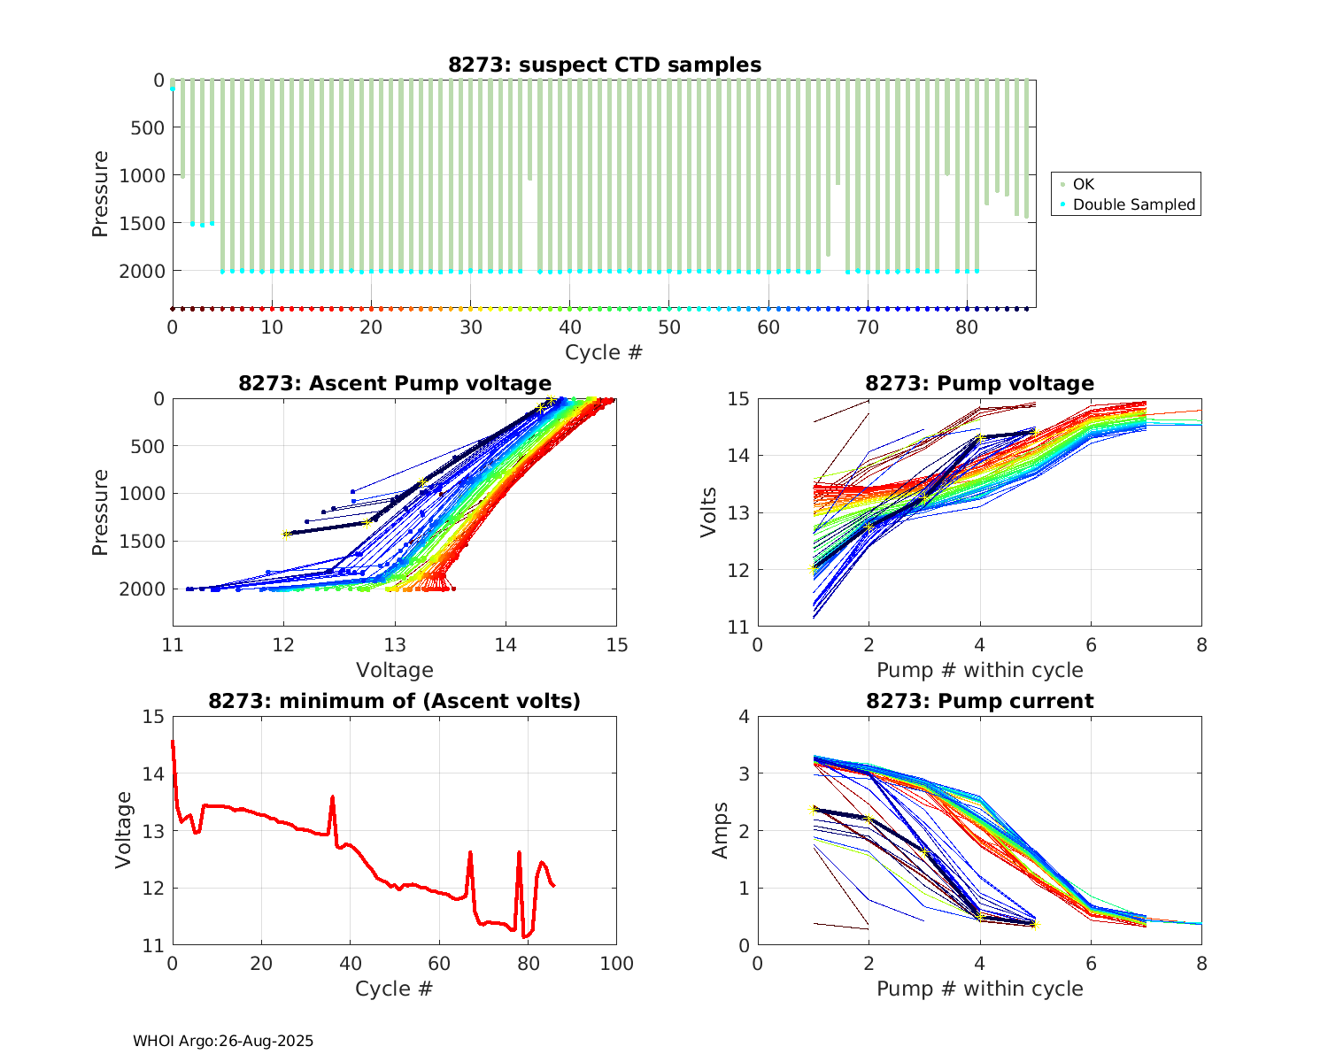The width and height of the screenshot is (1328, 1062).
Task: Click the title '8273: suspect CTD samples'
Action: point(604,65)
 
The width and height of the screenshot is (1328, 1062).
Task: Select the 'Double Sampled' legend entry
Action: point(1133,204)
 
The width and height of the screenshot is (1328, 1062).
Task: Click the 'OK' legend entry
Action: point(1083,184)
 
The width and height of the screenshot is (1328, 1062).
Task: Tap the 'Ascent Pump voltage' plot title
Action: point(395,383)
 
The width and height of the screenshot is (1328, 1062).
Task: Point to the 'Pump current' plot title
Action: point(979,701)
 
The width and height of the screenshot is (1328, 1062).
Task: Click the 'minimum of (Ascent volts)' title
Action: point(395,701)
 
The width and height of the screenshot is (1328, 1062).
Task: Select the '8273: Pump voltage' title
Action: point(979,383)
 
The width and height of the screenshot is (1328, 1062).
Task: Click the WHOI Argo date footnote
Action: point(223,1041)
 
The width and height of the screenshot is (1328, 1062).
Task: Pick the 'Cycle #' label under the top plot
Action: point(604,352)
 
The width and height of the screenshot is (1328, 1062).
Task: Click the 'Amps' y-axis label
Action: point(721,830)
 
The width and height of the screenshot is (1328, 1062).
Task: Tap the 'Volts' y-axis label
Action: point(708,512)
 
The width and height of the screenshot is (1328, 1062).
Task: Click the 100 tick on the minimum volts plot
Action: point(616,964)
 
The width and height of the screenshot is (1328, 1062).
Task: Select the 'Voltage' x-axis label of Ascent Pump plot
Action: point(395,670)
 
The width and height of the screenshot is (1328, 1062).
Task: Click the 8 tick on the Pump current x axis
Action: point(1201,964)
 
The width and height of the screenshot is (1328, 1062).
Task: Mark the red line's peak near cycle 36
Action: point(332,796)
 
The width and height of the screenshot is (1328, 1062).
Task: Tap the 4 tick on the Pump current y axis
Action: point(744,717)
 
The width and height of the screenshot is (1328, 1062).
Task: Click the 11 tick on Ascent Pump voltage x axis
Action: point(173,645)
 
